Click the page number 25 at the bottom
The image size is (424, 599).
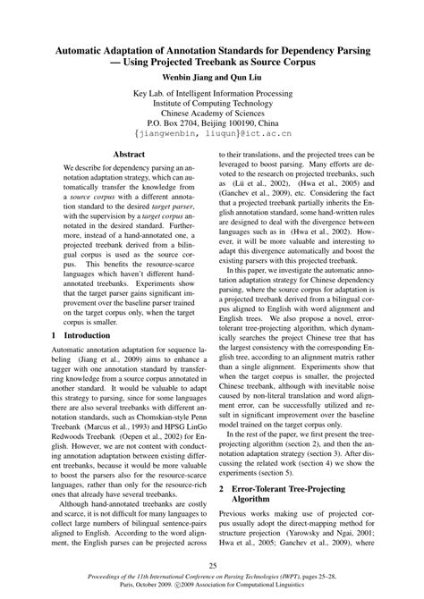coord(212,564)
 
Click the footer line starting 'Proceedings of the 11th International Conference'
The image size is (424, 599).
coord(212,579)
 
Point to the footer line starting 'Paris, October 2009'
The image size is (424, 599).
coord(212,588)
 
